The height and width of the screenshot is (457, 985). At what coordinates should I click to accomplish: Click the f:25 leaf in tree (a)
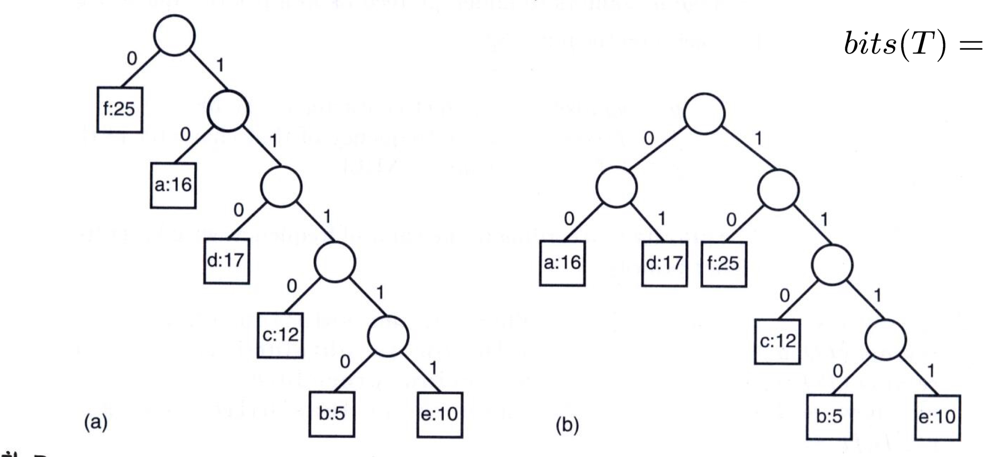click(120, 110)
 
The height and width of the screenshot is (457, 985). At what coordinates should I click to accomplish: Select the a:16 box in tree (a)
click(173, 186)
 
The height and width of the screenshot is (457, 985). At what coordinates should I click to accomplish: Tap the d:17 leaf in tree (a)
click(227, 261)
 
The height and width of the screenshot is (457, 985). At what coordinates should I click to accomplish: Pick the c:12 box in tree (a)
click(280, 335)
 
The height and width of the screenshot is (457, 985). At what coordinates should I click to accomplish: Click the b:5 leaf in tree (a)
click(332, 414)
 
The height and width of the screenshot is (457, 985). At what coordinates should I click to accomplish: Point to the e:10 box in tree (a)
click(440, 414)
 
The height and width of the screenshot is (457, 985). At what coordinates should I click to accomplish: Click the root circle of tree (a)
click(175, 35)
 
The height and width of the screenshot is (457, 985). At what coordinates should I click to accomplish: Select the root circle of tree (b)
click(704, 114)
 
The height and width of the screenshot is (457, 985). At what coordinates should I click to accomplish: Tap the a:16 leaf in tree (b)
click(562, 263)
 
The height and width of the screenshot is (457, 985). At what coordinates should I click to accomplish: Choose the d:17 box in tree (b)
click(664, 264)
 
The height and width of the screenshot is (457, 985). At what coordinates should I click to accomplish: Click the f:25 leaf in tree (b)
click(724, 264)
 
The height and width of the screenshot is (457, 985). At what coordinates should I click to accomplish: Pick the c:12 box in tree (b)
click(777, 341)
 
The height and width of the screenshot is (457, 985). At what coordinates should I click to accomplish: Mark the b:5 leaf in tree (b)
click(829, 417)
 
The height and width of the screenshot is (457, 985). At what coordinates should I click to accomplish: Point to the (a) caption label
click(95, 422)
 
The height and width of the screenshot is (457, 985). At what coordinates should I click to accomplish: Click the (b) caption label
click(567, 425)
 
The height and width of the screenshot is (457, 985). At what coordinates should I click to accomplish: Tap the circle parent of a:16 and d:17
click(616, 187)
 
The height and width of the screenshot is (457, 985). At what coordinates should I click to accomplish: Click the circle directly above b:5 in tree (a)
click(388, 336)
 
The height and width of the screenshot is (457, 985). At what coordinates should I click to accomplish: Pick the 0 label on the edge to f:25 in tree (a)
click(132, 58)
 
